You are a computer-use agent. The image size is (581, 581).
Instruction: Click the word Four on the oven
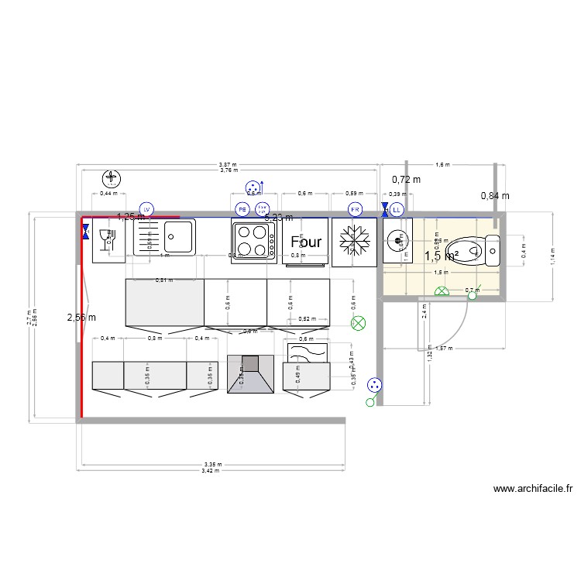306,242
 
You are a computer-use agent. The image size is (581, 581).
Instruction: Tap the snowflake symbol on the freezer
355,242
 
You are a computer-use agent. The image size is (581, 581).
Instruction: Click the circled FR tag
356,210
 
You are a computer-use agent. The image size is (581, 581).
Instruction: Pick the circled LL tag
397,210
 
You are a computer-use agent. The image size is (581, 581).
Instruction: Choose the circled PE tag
242,210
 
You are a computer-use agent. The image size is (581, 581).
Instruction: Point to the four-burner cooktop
253,241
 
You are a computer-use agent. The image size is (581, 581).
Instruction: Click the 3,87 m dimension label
228,165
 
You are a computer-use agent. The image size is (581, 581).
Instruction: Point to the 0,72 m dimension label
406,180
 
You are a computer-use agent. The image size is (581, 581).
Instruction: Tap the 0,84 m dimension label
496,196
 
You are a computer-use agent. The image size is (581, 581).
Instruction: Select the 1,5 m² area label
442,256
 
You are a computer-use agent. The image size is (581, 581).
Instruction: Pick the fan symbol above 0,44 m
113,179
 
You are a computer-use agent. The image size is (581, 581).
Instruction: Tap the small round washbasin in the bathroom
397,239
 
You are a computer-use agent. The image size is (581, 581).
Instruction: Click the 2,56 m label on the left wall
81,317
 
